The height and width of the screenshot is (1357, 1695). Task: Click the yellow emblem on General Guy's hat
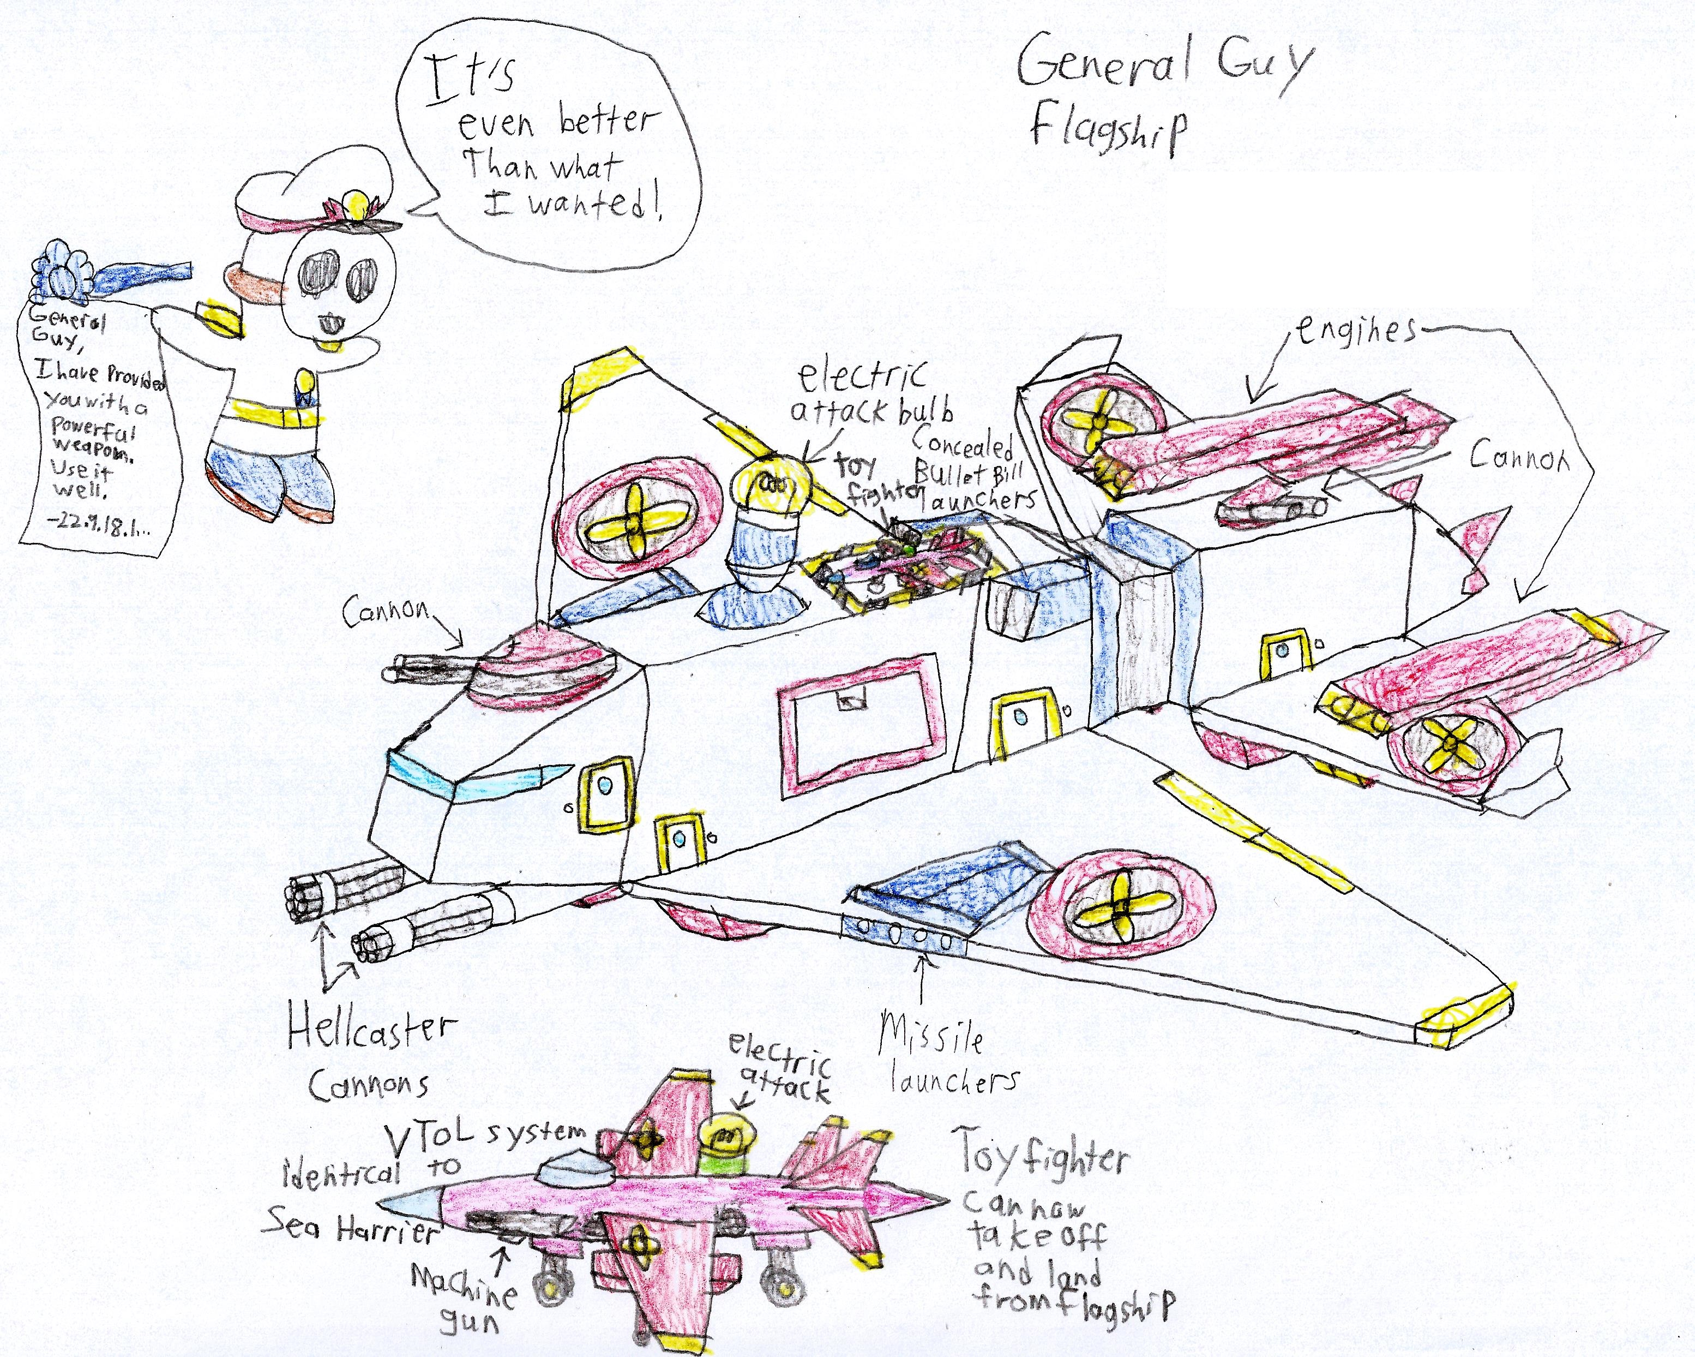pyautogui.click(x=358, y=207)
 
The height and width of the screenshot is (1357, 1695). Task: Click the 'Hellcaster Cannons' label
pyautogui.click(x=370, y=1054)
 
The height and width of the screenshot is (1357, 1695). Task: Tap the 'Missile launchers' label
pyautogui.click(x=943, y=1062)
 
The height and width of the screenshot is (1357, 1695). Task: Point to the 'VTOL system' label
pyautogui.click(x=488, y=1133)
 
